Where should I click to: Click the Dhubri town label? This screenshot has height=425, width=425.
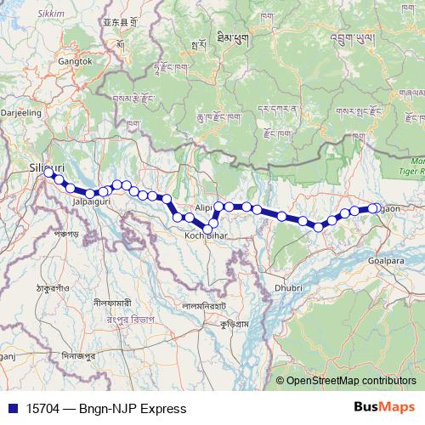click(x=289, y=288)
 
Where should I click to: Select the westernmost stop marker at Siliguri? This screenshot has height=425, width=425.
click(x=49, y=173)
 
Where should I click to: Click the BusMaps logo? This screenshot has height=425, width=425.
click(x=388, y=408)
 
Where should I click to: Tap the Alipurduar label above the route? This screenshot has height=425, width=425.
click(x=204, y=207)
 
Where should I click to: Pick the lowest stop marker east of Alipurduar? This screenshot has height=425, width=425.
click(x=319, y=227)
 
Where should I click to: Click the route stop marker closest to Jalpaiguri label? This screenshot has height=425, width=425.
click(x=90, y=194)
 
